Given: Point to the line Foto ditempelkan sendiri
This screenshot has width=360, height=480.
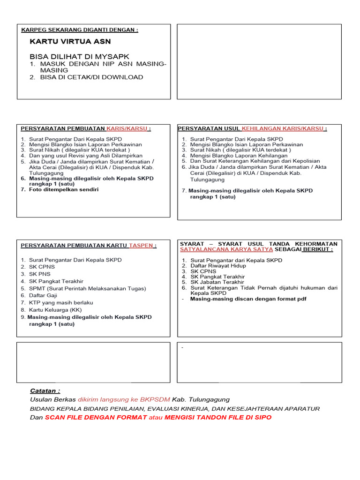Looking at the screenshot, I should point(64,190).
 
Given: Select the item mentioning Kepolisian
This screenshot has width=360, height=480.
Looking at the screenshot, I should point(255,161).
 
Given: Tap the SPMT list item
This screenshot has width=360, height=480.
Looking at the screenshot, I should point(87,288).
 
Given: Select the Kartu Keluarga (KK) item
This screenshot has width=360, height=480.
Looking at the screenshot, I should point(55,310).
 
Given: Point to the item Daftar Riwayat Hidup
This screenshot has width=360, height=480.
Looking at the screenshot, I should point(217,266).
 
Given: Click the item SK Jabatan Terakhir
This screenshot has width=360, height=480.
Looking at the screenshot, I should point(217,282).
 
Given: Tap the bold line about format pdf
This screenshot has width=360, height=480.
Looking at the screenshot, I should point(248,299).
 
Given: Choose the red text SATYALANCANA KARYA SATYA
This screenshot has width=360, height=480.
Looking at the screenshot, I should point(226,250).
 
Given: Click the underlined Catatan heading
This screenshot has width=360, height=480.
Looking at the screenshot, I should point(45,391).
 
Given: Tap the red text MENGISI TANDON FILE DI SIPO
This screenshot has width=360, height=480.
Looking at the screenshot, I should point(217,417).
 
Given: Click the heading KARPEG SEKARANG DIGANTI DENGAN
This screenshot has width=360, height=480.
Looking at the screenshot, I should point(80,30).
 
